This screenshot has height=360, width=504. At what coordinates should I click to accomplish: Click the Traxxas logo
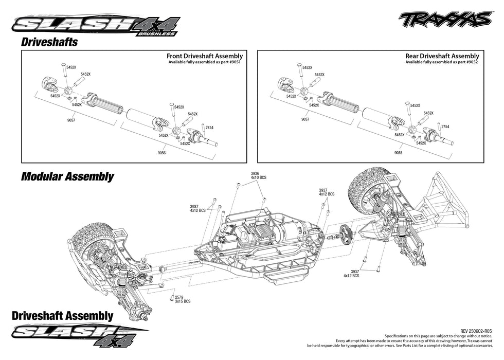(x=445, y=20)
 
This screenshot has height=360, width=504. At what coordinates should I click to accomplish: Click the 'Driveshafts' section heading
(x=49, y=42)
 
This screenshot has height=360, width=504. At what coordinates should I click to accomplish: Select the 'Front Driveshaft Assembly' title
(x=205, y=56)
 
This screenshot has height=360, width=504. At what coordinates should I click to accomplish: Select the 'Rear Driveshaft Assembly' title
(x=442, y=56)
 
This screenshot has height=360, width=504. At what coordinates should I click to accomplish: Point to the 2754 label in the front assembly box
(x=209, y=127)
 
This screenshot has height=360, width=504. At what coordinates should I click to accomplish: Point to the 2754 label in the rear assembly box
(x=445, y=127)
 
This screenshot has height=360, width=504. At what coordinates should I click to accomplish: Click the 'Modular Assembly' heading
(x=67, y=176)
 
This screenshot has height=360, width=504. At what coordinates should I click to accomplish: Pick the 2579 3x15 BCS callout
(x=182, y=299)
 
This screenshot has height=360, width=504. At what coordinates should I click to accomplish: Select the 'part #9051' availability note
(x=205, y=62)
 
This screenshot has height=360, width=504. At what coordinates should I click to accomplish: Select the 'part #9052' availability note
(x=442, y=62)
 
